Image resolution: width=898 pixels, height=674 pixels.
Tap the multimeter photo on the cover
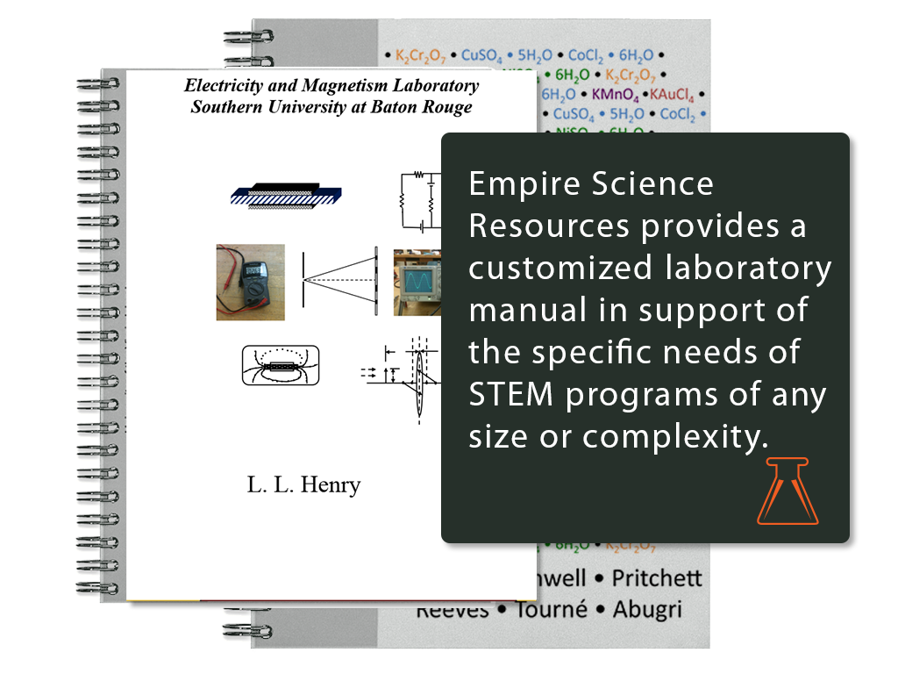tap(251, 282)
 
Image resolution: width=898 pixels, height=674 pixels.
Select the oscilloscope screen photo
tap(417, 282)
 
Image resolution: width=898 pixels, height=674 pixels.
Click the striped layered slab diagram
tap(285, 195)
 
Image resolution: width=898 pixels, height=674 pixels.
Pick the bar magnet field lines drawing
tap(280, 366)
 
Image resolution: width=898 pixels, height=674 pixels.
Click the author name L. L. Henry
tap(303, 485)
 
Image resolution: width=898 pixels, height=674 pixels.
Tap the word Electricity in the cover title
tap(224, 86)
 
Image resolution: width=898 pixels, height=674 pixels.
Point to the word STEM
tap(511, 395)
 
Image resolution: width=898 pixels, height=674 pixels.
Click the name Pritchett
tap(657, 579)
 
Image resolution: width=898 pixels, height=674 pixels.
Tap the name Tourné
tap(549, 610)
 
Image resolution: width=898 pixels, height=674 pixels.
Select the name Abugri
tap(646, 610)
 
